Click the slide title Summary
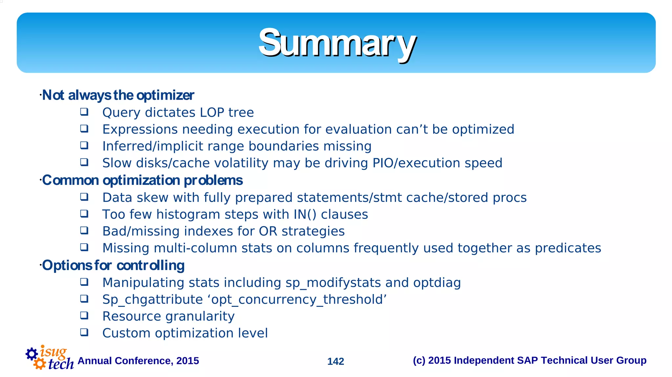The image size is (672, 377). [x=337, y=43]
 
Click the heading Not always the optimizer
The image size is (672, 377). [x=118, y=95]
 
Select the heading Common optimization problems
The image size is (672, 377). [x=142, y=180]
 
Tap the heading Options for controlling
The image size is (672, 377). [x=113, y=265]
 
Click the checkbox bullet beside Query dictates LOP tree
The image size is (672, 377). [x=84, y=112]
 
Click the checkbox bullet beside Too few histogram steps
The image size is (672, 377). [x=84, y=214]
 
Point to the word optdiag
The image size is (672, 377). [x=437, y=283]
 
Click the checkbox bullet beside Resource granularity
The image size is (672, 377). [x=84, y=315]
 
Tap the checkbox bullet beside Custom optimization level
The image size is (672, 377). [x=84, y=332]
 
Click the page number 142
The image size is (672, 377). [x=335, y=361]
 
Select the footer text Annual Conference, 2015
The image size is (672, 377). [x=138, y=361]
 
